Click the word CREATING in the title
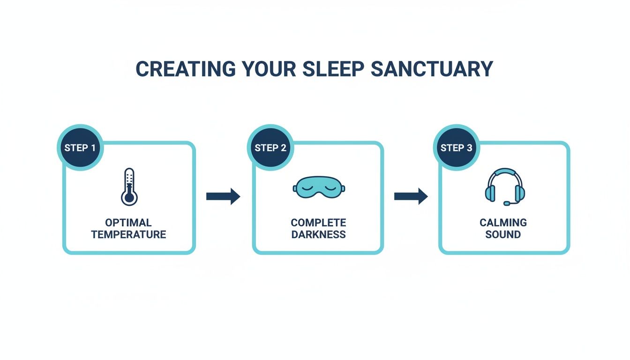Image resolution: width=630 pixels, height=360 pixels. click(x=185, y=69)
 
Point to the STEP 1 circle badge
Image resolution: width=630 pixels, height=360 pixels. click(x=80, y=148)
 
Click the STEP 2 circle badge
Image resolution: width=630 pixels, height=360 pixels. click(x=270, y=148)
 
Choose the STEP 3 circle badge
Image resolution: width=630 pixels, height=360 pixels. click(x=456, y=148)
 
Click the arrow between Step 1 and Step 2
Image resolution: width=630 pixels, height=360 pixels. click(x=223, y=196)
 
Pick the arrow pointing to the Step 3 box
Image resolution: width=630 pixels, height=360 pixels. click(x=411, y=196)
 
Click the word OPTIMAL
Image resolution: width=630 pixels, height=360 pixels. click(x=128, y=222)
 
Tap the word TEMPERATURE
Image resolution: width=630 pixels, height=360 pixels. click(x=128, y=234)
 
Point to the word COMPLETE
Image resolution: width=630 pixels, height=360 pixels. click(x=318, y=222)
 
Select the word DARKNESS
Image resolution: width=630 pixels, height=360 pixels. click(x=318, y=234)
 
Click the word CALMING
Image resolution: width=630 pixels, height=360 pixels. click(x=503, y=222)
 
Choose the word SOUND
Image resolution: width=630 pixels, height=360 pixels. click(x=503, y=234)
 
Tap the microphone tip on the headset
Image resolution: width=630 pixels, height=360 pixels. click(x=506, y=203)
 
